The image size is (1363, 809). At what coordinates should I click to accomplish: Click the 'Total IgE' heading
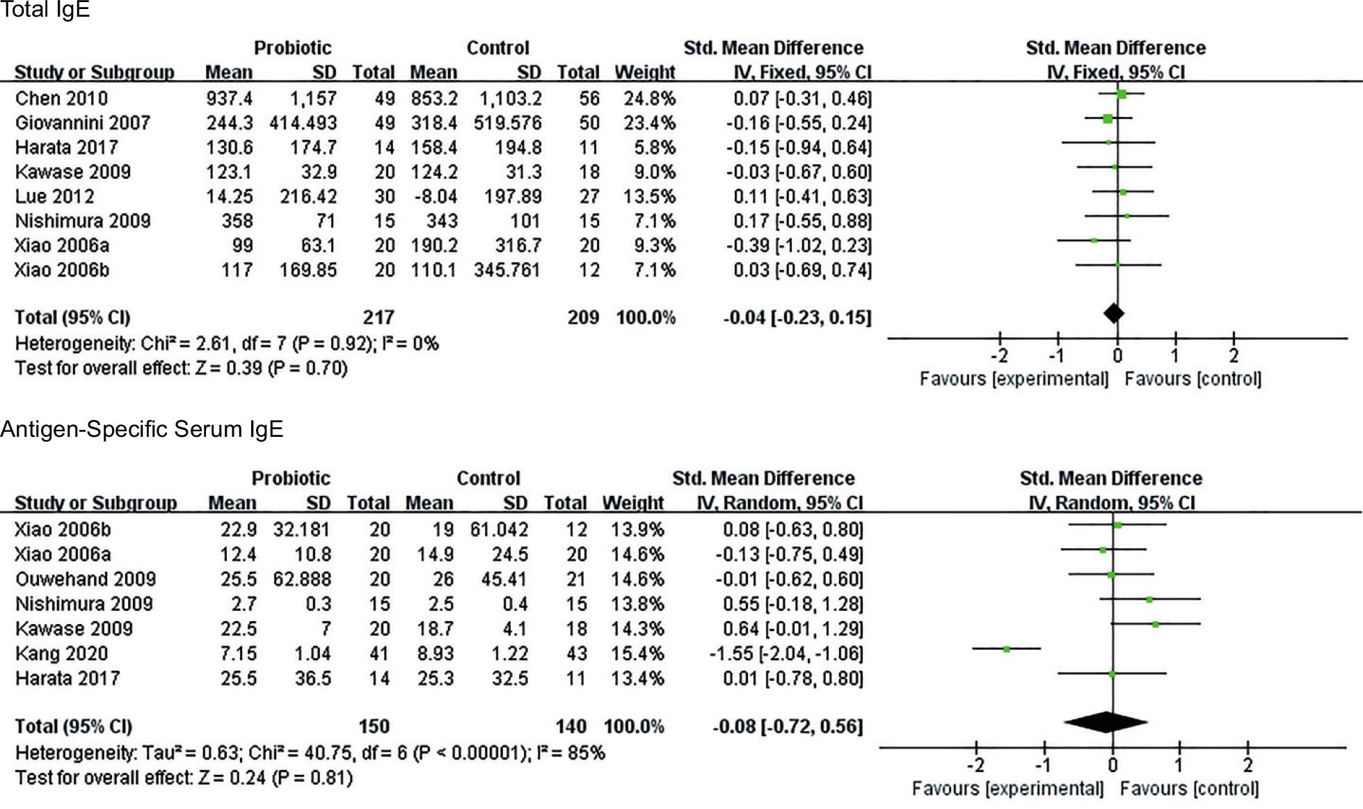pyautogui.click(x=45, y=10)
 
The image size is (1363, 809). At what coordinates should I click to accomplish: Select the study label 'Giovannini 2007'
pyautogui.click(x=82, y=123)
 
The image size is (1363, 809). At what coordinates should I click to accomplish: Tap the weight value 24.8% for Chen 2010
pyautogui.click(x=645, y=99)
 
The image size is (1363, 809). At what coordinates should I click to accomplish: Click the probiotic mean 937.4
pyautogui.click(x=229, y=99)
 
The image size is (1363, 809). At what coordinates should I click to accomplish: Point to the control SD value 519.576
pyautogui.click(x=507, y=123)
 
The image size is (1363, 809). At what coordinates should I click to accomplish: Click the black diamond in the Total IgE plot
pyautogui.click(x=1113, y=314)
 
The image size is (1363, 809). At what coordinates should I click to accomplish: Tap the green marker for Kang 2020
pyautogui.click(x=1007, y=649)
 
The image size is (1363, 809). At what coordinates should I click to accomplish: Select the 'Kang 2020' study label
pyautogui.click(x=61, y=654)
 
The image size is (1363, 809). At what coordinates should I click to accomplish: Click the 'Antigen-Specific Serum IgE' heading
pyautogui.click(x=142, y=430)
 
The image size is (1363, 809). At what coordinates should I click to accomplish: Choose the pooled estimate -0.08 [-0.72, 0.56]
pyautogui.click(x=787, y=727)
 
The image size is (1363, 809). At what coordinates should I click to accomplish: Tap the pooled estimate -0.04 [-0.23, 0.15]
pyautogui.click(x=797, y=318)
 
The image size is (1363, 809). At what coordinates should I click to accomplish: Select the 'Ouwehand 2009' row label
pyautogui.click(x=85, y=579)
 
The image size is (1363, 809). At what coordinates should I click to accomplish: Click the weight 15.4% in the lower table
pyautogui.click(x=637, y=654)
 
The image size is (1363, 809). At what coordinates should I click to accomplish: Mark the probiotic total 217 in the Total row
pyautogui.click(x=378, y=318)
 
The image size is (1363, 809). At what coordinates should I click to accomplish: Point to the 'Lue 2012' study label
pyautogui.click(x=54, y=197)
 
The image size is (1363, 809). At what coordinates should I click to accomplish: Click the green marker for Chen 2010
pyautogui.click(x=1122, y=95)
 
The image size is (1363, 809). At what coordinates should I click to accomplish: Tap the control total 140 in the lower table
pyautogui.click(x=571, y=727)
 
